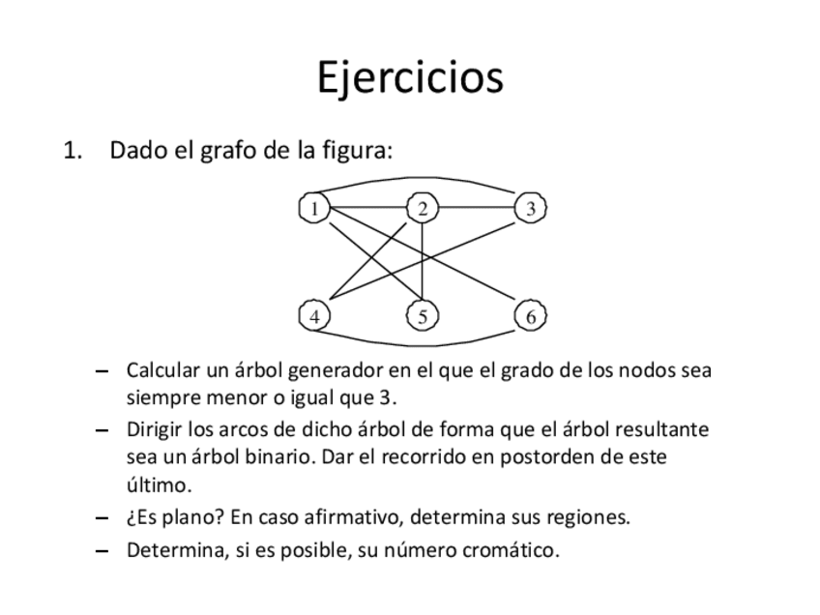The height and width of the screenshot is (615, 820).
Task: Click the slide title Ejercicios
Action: (x=410, y=77)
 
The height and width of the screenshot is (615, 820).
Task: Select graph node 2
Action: (x=423, y=208)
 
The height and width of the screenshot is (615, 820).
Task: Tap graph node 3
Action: (x=531, y=208)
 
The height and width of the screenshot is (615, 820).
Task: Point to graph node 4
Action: (x=314, y=316)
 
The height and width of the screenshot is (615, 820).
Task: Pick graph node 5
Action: (x=423, y=316)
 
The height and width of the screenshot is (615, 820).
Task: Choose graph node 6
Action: (x=531, y=316)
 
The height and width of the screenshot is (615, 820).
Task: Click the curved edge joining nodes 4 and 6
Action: (x=423, y=343)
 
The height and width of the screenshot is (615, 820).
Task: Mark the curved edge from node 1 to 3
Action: (x=423, y=179)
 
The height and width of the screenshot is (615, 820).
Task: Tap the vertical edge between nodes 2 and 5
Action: (x=423, y=261)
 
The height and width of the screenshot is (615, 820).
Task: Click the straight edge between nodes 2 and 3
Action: (x=477, y=208)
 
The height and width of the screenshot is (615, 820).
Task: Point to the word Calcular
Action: (x=161, y=370)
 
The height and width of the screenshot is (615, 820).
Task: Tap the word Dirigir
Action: (x=156, y=428)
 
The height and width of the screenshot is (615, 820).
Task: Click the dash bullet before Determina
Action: (x=103, y=552)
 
